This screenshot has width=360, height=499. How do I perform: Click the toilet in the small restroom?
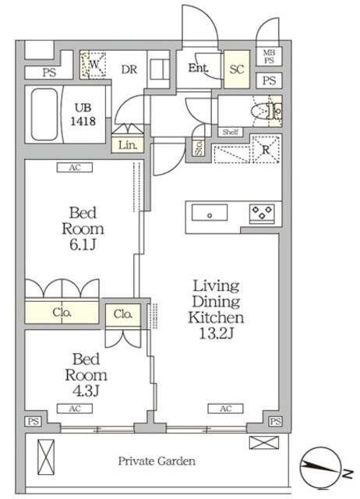coord(266,111)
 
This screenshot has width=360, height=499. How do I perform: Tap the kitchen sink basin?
coord(210,213)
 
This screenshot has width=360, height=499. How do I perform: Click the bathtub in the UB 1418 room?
coord(44,115)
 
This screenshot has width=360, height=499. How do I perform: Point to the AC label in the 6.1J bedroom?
coord(75,168)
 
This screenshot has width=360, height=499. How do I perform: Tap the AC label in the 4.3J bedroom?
coord(75,409)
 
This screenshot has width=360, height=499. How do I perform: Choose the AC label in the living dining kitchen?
coord(225,409)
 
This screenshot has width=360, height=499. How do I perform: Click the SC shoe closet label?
coord(237,69)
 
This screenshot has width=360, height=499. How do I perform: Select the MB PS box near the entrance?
coord(269,57)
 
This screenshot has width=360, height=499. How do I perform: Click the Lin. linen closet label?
coord(128,146)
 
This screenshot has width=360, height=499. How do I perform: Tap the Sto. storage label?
coord(199,148)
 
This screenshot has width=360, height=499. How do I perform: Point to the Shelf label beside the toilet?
coord(230,132)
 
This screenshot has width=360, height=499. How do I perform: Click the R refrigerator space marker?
coord(266,149)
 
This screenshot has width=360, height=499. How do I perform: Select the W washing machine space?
coord(93,65)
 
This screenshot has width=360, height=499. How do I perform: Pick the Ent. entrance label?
coord(198,68)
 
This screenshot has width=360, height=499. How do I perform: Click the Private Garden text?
coord(157,461)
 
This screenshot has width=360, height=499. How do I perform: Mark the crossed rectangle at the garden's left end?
coord(46,458)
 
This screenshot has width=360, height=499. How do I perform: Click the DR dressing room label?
coord(129,69)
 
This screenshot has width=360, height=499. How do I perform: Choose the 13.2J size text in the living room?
coord(217,333)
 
